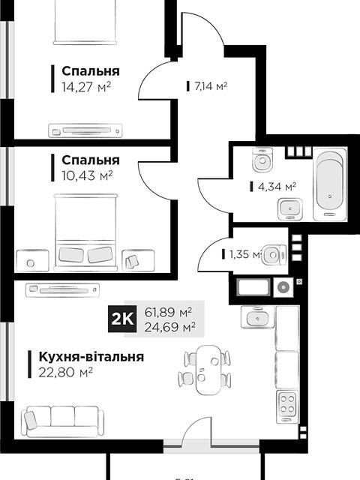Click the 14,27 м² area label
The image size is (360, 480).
click(x=86, y=86)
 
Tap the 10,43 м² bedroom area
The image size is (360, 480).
click(x=87, y=175)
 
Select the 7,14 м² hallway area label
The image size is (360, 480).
click(x=210, y=86)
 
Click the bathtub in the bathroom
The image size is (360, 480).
click(x=328, y=183)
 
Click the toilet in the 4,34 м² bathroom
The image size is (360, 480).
click(x=262, y=160)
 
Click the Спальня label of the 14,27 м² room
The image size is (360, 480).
click(x=91, y=71)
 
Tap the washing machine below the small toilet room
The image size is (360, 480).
click(x=283, y=286)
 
